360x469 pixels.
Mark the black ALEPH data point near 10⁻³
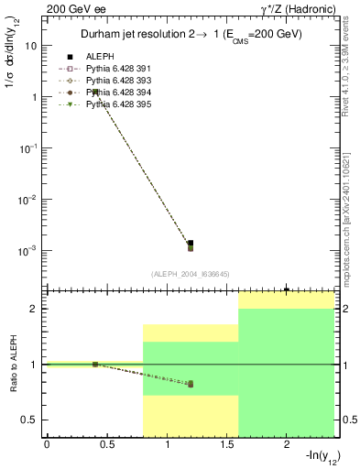click(191, 244)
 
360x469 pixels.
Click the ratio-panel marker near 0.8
click(191, 384)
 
